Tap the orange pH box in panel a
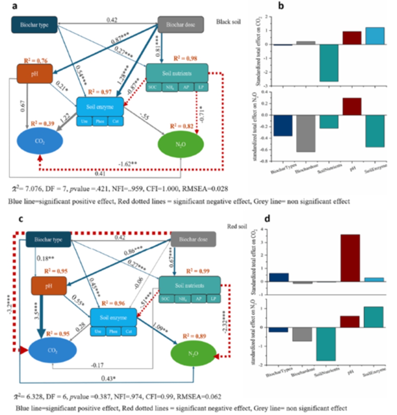pos(35,74)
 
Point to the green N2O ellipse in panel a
pos(181,144)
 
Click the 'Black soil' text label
pos(229,20)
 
